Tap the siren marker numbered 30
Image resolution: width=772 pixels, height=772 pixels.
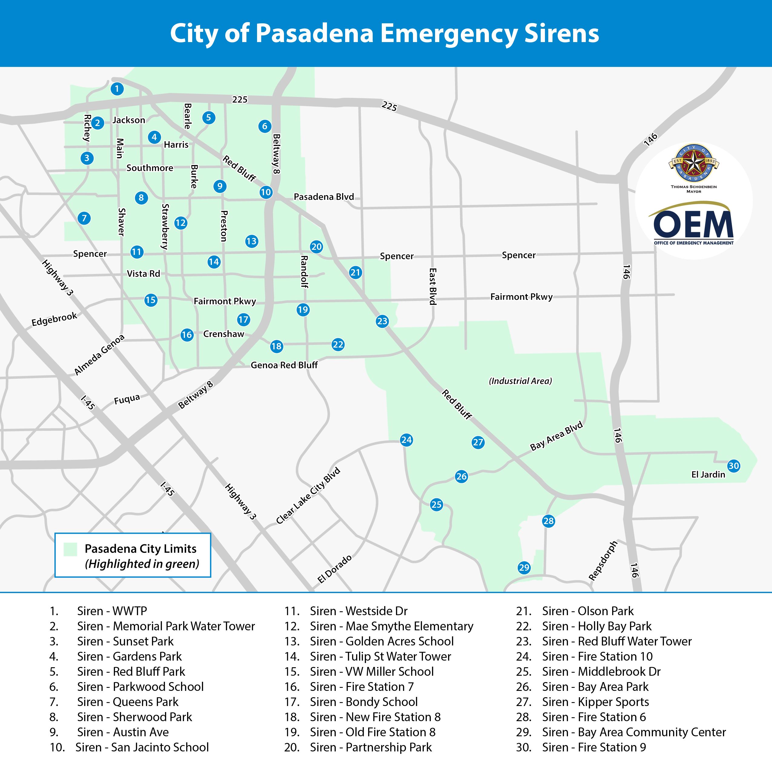(x=734, y=466)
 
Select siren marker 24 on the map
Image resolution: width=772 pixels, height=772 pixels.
(x=406, y=440)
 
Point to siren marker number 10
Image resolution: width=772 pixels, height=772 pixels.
(x=266, y=192)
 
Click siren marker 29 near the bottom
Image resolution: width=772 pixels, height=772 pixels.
(x=524, y=567)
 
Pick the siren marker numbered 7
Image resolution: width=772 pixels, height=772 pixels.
(x=84, y=218)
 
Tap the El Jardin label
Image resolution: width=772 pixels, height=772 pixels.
(x=708, y=474)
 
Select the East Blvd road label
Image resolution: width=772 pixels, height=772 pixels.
(x=432, y=286)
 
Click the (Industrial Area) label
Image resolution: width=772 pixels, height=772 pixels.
(x=520, y=381)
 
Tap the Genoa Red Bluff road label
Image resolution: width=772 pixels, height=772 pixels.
(x=284, y=365)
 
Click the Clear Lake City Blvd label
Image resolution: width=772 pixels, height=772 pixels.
(x=308, y=496)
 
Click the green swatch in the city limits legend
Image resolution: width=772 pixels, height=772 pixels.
(x=70, y=549)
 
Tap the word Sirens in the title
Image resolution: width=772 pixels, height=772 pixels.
(x=561, y=34)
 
